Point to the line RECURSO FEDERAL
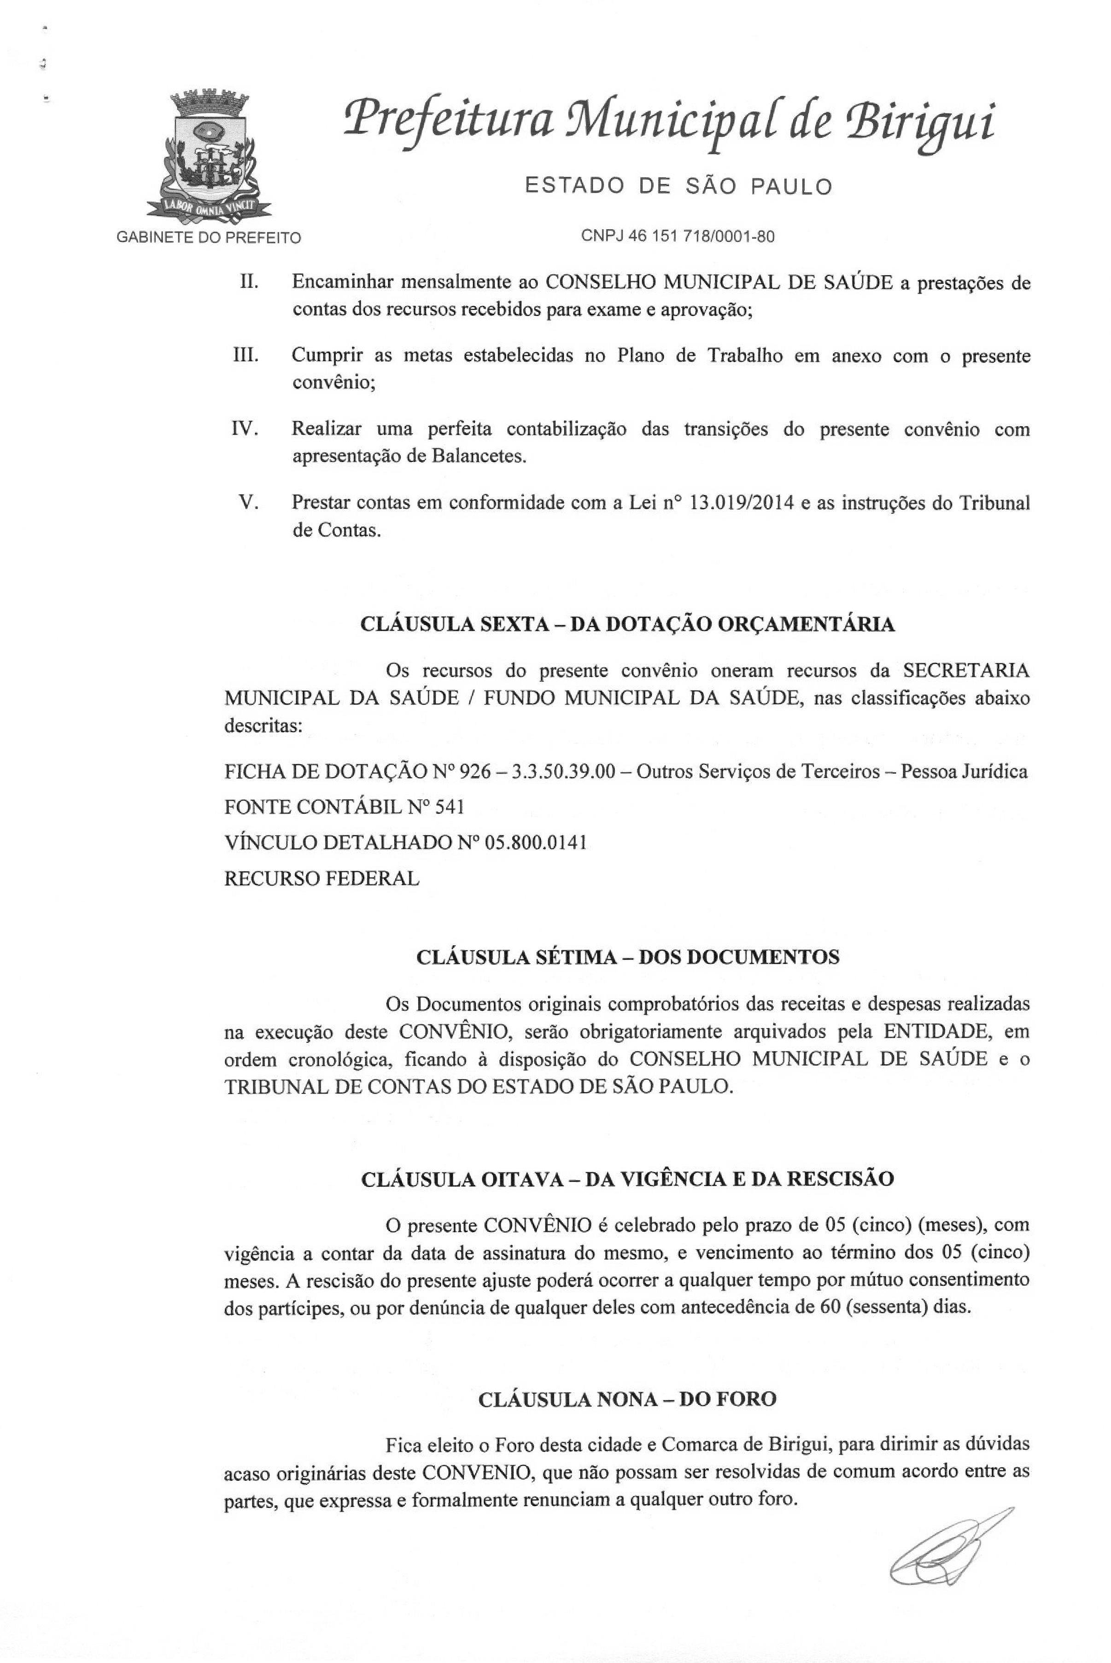322,879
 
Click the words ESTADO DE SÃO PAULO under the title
678,186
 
